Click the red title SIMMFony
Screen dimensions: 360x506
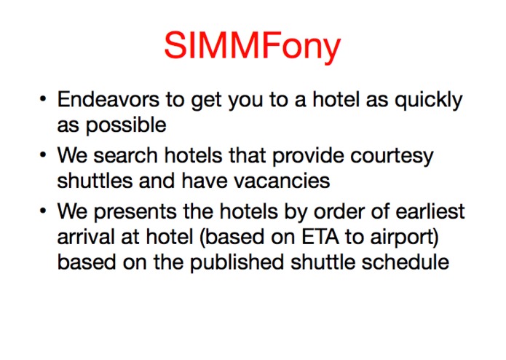[x=253, y=47]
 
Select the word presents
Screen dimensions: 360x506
[x=138, y=213]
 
